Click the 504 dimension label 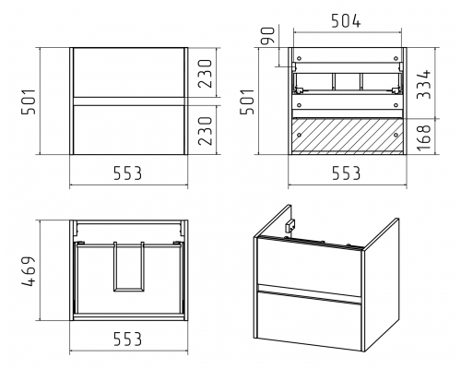tap(346, 21)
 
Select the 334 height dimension tap(424, 84)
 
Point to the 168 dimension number tap(424, 137)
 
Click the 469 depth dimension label tap(29, 271)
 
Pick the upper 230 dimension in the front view tap(205, 74)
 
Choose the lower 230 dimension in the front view tap(205, 131)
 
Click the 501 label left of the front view tap(29, 101)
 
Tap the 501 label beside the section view tap(247, 101)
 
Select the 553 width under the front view tap(128, 173)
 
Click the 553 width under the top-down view tap(128, 339)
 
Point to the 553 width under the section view tap(346, 173)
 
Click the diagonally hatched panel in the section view tap(348, 135)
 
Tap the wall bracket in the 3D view tap(290, 226)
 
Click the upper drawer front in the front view tap(129, 73)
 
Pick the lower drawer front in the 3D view tap(309, 319)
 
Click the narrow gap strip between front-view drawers tap(129, 101)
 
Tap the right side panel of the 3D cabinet tap(381, 284)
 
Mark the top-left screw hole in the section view tap(299, 58)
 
